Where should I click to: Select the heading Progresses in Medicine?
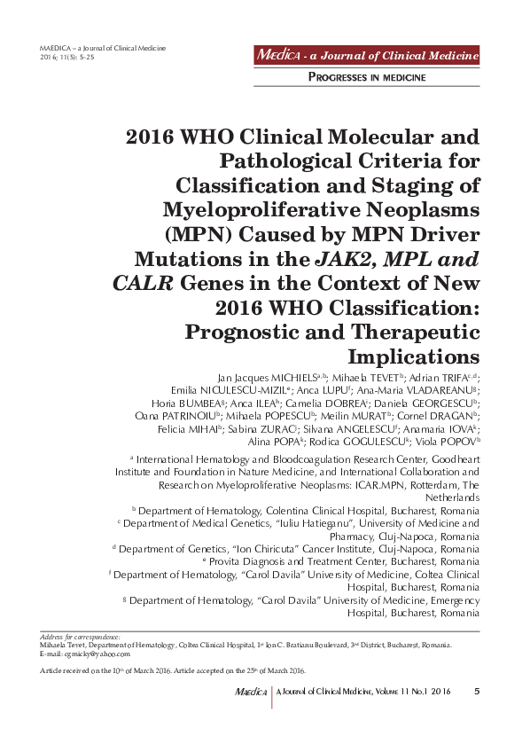pyautogui.click(x=367, y=78)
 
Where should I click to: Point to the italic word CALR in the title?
pyautogui.click(x=144, y=285)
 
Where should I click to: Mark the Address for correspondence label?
pyautogui.click(x=81, y=638)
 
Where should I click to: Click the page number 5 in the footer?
pyautogui.click(x=477, y=692)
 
